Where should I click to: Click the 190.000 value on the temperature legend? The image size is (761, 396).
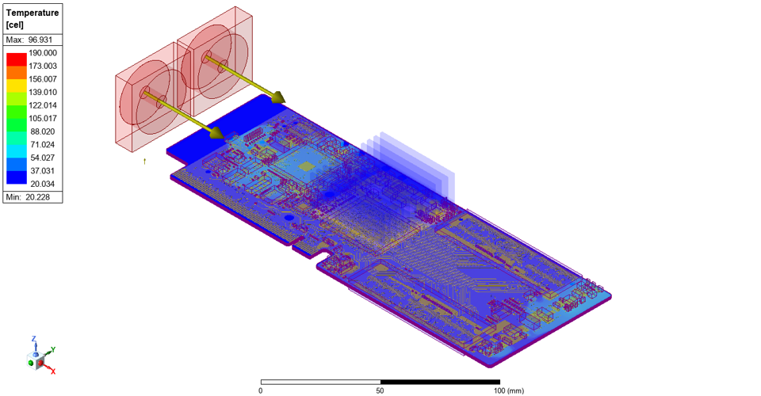click(x=43, y=53)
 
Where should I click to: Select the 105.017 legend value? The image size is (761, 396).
click(x=43, y=118)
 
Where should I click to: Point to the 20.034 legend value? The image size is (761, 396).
click(x=43, y=184)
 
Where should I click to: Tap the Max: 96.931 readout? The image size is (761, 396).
click(x=29, y=40)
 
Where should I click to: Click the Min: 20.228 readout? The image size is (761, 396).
click(x=28, y=197)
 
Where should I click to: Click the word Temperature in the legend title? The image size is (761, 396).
click(x=33, y=13)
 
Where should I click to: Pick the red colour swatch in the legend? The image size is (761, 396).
click(x=17, y=59)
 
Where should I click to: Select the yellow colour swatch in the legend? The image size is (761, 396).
click(x=17, y=86)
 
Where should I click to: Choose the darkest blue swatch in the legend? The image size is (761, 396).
click(x=17, y=177)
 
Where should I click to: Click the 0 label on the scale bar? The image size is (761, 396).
click(x=261, y=390)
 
